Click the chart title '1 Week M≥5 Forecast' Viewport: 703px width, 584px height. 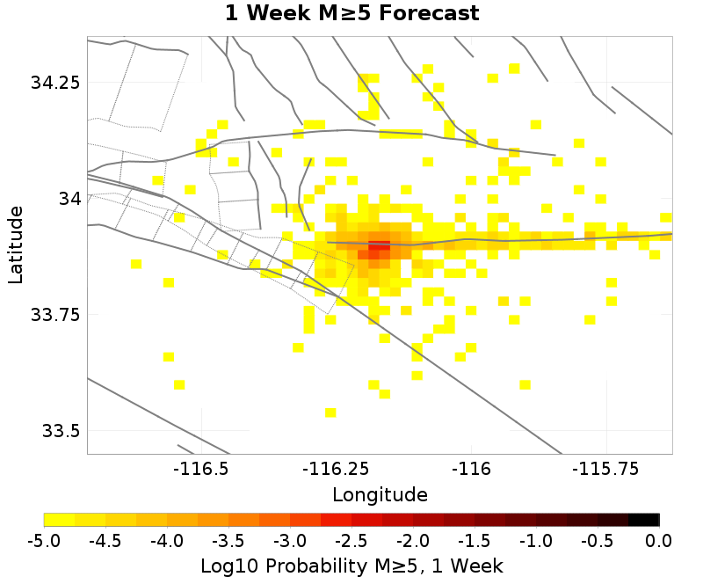[x=351, y=14]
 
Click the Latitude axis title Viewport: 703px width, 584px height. [x=16, y=245]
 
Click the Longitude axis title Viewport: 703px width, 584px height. [x=380, y=494]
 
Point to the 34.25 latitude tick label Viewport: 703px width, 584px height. [x=55, y=83]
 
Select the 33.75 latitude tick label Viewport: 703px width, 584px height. [x=55, y=315]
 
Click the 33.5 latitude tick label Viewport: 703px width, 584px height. [x=60, y=431]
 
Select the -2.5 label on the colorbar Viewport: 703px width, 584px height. [x=351, y=539]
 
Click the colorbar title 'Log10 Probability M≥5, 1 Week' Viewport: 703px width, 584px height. [x=351, y=563]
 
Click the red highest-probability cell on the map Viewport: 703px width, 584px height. [x=379, y=247]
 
